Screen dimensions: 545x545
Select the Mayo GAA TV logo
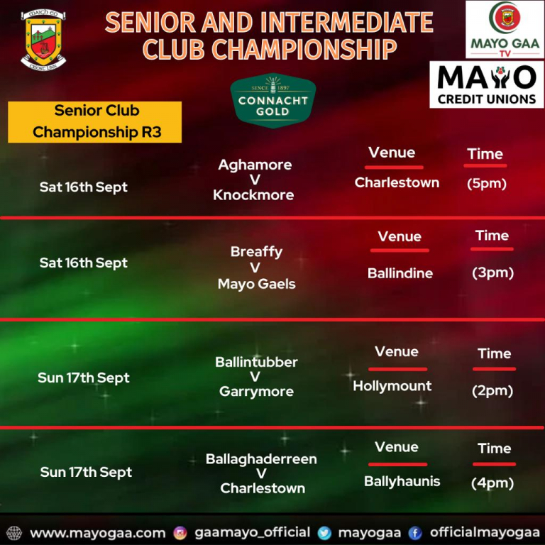505,30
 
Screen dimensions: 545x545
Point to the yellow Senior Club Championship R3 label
95,121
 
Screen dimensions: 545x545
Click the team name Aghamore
255,165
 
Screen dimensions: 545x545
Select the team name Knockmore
253,194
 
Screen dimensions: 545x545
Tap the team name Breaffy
256,252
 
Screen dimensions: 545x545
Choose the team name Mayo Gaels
256,284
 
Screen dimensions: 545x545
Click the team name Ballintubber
256,362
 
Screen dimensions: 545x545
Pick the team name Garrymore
256,391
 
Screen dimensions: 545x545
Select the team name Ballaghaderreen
261,459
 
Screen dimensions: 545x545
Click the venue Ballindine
400,273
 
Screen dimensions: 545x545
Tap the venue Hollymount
392,386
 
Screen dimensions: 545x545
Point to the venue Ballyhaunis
402,481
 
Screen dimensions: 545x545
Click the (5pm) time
487,183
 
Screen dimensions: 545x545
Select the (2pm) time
492,390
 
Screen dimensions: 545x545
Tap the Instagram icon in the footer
180,532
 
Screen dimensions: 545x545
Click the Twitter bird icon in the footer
325,532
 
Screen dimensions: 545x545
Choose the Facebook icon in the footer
415,532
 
